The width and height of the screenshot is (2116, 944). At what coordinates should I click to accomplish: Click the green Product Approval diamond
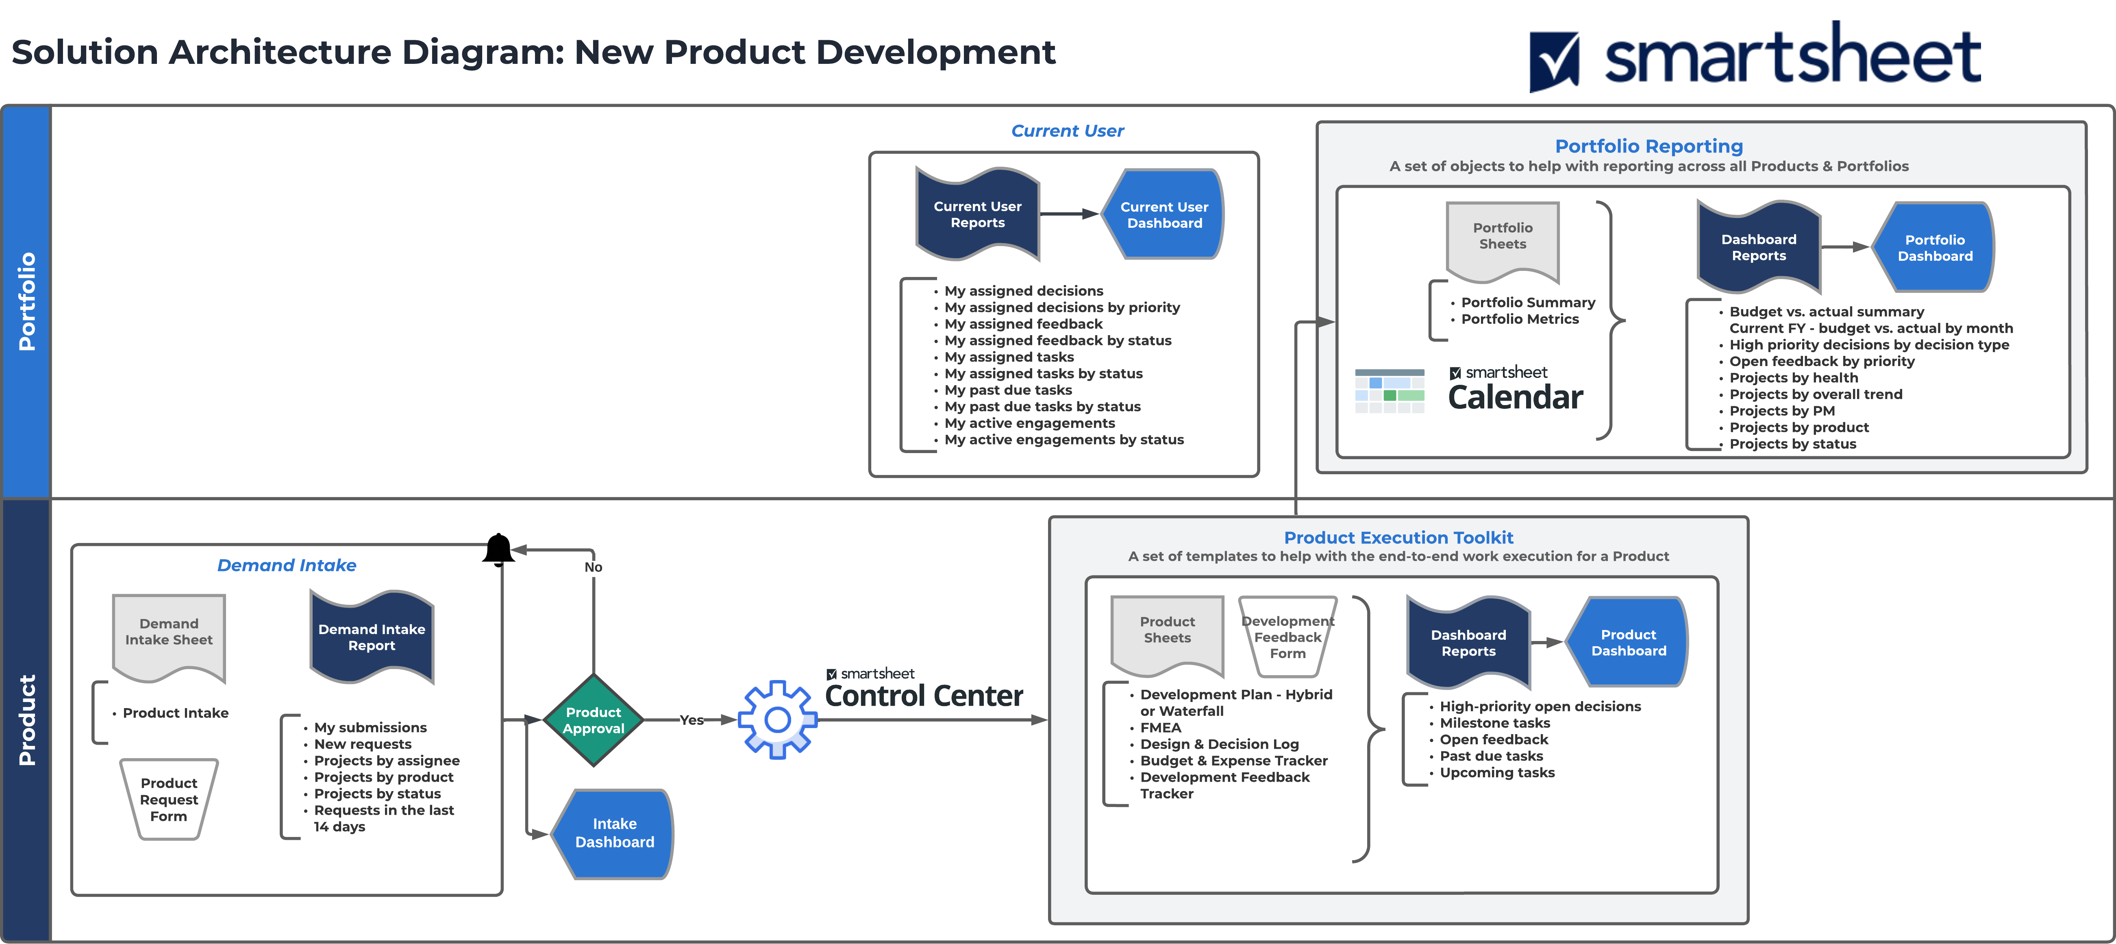(593, 720)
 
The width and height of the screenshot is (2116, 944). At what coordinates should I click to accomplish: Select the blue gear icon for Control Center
(777, 720)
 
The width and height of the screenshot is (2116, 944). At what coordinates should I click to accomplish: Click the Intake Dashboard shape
(614, 833)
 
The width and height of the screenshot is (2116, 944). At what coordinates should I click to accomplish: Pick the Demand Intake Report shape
(371, 637)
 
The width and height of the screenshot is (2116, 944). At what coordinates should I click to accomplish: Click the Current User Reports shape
(977, 214)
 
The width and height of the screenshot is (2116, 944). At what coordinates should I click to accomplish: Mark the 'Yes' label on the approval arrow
(691, 720)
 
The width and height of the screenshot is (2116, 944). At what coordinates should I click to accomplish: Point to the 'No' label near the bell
(593, 567)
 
